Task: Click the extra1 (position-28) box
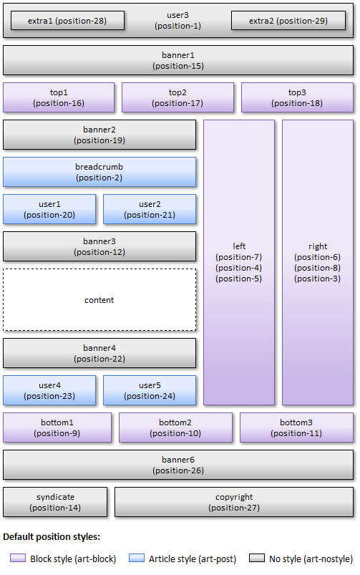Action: point(67,21)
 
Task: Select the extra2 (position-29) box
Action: point(288,21)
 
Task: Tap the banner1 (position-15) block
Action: point(178,60)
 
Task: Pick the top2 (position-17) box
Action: point(177,97)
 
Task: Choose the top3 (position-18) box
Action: point(297,97)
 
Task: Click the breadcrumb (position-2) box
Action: point(99,172)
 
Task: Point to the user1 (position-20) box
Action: point(49,209)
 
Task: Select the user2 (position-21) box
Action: point(150,209)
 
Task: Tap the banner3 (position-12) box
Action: point(99,246)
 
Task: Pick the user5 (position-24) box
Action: point(150,390)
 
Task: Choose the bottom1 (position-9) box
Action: point(57,427)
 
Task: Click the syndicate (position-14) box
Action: point(55,502)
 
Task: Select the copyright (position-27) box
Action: point(234,502)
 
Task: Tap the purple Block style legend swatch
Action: point(18,558)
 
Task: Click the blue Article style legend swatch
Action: point(137,558)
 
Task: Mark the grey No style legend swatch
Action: point(257,558)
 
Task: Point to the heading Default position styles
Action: point(52,537)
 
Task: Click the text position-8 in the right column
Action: point(318,268)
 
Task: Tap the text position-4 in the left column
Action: point(239,268)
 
